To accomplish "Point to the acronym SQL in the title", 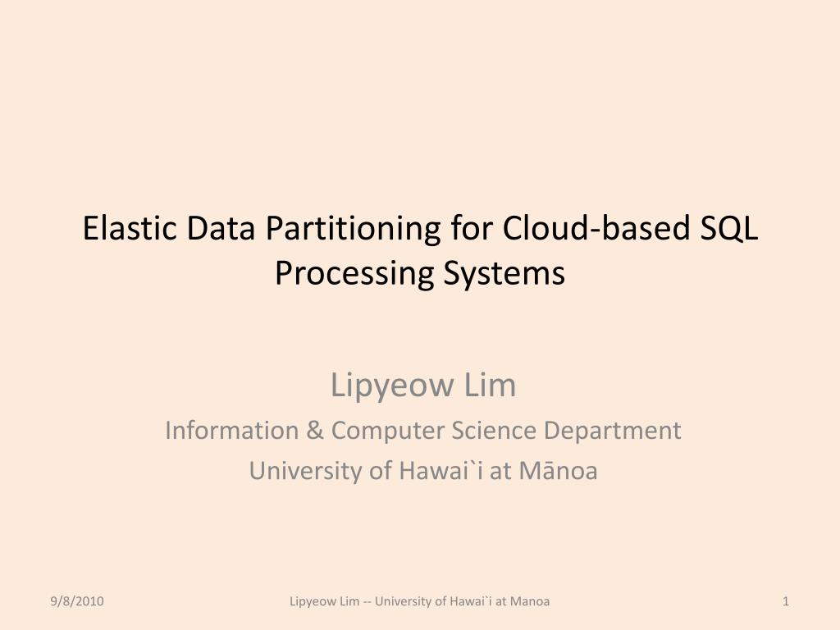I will [729, 229].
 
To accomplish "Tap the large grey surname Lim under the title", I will [489, 385].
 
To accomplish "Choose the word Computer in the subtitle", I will [384, 430].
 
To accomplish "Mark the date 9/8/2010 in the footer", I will [75, 601].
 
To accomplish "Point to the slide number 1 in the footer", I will [786, 601].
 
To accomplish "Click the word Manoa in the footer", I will [530, 601].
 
